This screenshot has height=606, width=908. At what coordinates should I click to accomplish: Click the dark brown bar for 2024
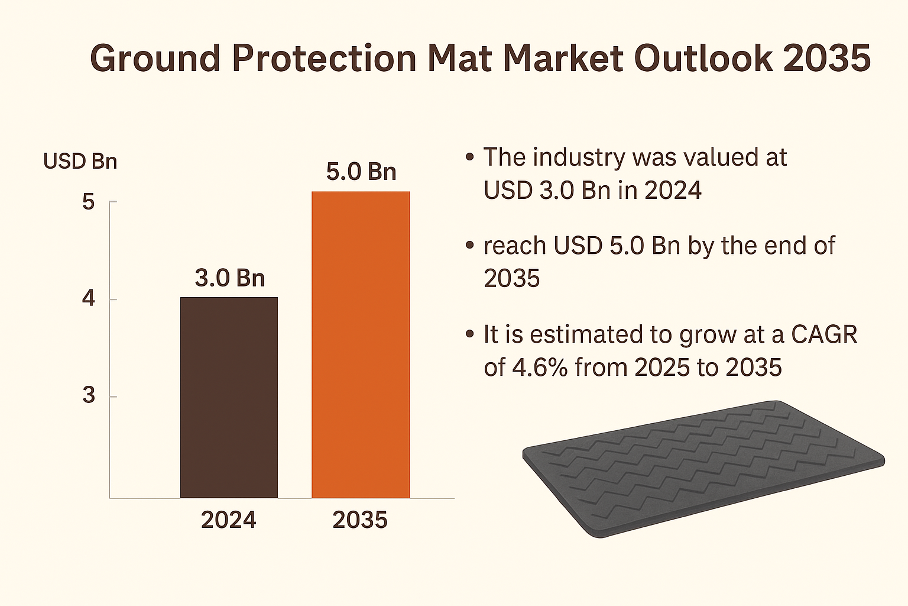(x=229, y=397)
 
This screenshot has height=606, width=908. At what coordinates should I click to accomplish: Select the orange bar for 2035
(x=361, y=344)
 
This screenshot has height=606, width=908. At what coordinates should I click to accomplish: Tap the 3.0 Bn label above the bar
(x=230, y=278)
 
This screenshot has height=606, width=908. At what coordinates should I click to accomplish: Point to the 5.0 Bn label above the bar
(x=361, y=172)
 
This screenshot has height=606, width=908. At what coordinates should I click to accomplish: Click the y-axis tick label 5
(x=89, y=202)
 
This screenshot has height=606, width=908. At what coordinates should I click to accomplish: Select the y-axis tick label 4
(x=89, y=299)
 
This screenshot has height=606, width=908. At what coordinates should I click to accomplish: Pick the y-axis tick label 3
(x=89, y=395)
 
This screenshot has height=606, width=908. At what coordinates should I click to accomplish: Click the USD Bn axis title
(x=80, y=162)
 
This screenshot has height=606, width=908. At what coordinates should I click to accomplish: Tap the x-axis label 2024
(x=229, y=520)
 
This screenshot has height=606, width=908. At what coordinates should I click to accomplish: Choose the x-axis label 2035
(x=360, y=520)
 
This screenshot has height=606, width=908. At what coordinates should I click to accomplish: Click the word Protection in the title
(x=325, y=59)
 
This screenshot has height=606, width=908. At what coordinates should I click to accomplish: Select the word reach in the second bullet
(x=514, y=246)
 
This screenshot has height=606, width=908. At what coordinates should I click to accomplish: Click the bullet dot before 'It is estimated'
(x=470, y=334)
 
